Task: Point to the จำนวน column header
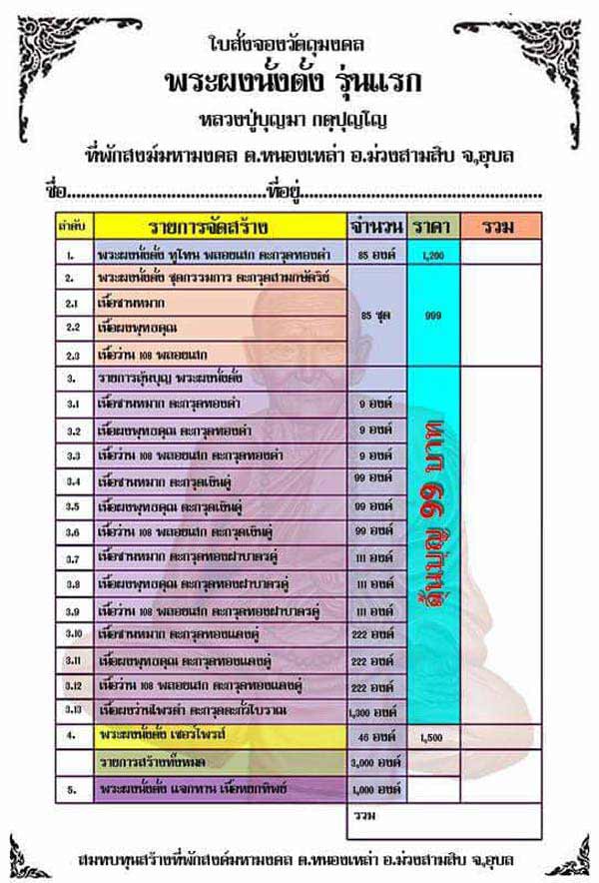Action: point(375,225)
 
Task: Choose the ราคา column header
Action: point(432,225)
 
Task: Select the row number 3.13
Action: point(72,712)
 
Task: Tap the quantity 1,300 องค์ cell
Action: point(375,712)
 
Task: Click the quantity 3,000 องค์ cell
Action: point(375,762)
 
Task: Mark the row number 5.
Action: point(72,788)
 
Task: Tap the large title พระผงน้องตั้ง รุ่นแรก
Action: point(298,81)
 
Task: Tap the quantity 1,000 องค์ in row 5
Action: point(375,788)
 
